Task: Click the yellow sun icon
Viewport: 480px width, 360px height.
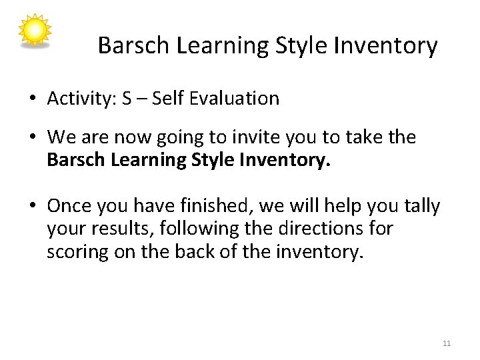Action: (34, 31)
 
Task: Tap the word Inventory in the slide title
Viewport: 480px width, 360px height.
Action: (385, 46)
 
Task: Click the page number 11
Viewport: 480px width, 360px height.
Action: (447, 343)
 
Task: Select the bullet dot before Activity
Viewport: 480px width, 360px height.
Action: (32, 99)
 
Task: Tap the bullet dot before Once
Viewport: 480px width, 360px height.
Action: (32, 207)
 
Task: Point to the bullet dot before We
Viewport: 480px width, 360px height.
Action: (32, 138)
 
